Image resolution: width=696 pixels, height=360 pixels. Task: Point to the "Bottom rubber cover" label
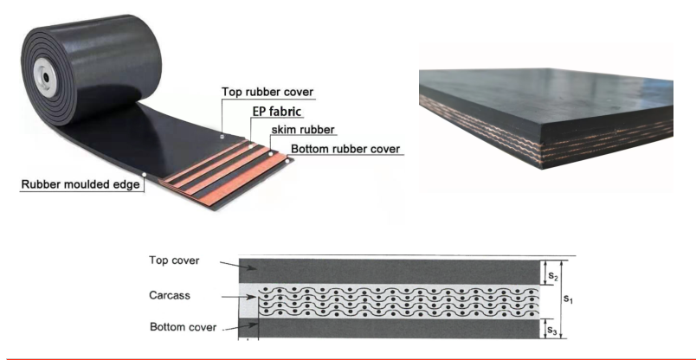pos(345,149)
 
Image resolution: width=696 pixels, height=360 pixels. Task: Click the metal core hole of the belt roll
pos(41,79)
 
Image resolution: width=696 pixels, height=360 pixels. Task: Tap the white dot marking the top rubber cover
pos(222,135)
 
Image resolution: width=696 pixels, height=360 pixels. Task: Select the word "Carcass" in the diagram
pos(171,295)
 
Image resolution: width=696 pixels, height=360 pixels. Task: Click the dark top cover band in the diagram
pos(390,271)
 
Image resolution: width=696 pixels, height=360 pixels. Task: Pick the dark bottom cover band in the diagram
pos(390,328)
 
